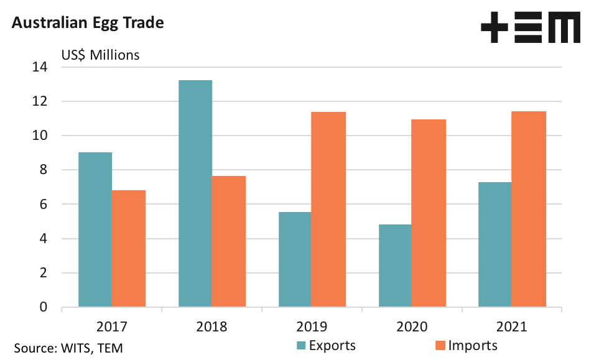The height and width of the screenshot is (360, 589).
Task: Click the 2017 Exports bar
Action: pyautogui.click(x=95, y=229)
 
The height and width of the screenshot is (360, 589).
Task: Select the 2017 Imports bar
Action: pyautogui.click(x=129, y=249)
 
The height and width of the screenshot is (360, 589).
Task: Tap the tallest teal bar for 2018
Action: pyautogui.click(x=195, y=193)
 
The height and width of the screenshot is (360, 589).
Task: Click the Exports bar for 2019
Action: pyautogui.click(x=295, y=259)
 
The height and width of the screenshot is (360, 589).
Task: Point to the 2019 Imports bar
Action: pyautogui.click(x=329, y=210)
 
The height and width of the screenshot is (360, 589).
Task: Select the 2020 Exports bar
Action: pyautogui.click(x=396, y=265)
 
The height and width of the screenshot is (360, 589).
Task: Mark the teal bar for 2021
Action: pyautogui.click(x=496, y=244)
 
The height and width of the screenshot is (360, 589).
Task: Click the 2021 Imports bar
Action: pyautogui.click(x=529, y=209)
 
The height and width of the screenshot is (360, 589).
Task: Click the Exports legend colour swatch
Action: pyautogui.click(x=301, y=346)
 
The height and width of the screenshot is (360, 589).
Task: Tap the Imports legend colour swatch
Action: pyautogui.click(x=440, y=346)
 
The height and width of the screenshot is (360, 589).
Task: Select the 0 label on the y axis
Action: pyautogui.click(x=44, y=307)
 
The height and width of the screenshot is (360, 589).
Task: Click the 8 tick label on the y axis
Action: pyautogui.click(x=44, y=170)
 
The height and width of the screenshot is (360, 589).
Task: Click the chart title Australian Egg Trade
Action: pyautogui.click(x=88, y=23)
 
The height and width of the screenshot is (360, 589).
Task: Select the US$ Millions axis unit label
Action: pyautogui.click(x=100, y=55)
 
